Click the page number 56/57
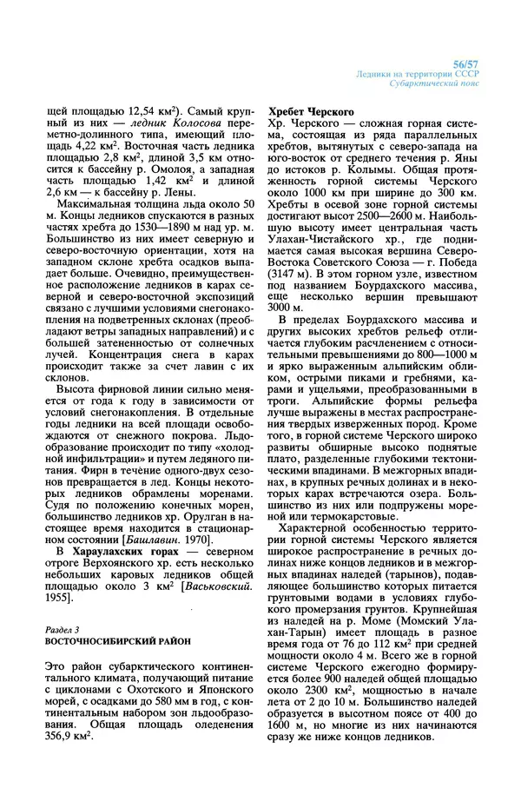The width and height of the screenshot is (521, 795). (x=467, y=64)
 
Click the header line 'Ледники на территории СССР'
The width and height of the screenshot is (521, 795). (x=418, y=75)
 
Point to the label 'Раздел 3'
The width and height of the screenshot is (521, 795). (x=62, y=628)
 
